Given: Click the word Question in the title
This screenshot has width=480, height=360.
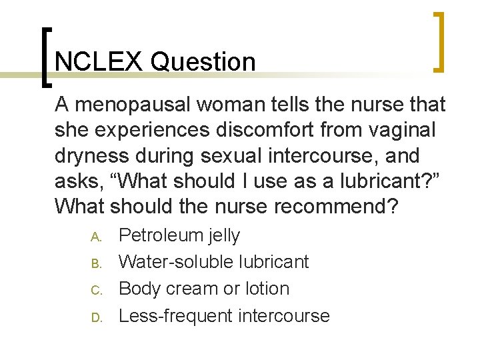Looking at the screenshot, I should click(203, 62).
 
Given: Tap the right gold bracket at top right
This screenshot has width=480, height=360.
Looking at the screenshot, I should click(440, 41).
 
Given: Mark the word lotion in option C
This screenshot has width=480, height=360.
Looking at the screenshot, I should click(265, 289).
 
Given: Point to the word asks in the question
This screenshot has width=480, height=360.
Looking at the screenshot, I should click(77, 181).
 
